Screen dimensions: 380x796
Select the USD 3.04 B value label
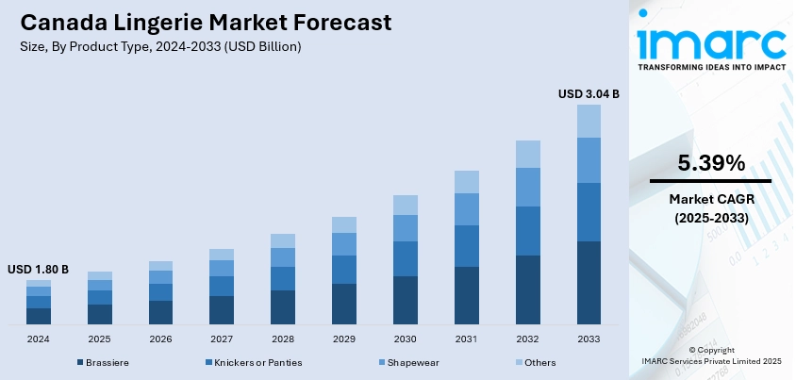[589, 93]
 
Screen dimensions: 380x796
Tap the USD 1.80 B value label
[38, 270]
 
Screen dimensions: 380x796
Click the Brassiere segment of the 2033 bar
[589, 283]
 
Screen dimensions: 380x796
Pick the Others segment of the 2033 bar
[589, 121]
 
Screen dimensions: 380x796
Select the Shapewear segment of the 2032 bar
[527, 187]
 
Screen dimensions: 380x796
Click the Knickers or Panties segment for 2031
[466, 245]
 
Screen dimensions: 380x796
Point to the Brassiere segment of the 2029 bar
[344, 304]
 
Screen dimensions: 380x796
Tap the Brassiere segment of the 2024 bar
[39, 316]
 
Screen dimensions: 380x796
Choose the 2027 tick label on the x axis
[222, 339]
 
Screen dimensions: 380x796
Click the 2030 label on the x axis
[406, 339]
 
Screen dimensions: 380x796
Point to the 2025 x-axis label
[100, 339]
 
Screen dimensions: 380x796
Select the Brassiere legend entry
[106, 363]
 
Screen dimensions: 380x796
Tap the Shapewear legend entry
[411, 363]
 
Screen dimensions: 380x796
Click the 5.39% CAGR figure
[710, 161]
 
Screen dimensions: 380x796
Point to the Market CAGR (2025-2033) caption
[710, 208]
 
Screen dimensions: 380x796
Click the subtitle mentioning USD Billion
[160, 46]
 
